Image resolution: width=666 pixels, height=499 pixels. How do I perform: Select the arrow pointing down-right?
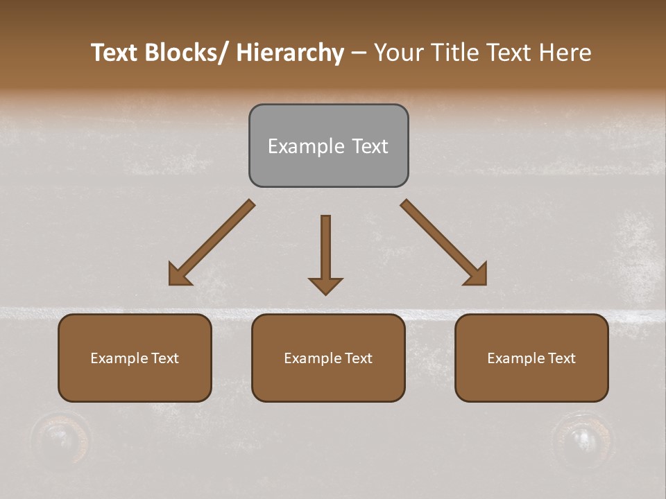444,243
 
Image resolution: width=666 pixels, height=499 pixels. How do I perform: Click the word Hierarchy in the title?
290,53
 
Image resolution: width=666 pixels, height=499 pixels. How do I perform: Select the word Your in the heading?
398,53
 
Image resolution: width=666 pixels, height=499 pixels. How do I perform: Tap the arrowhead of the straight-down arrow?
325,286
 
